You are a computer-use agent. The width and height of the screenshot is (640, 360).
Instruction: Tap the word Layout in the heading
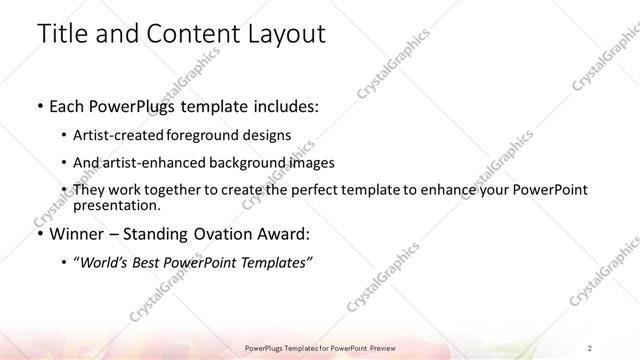(x=283, y=33)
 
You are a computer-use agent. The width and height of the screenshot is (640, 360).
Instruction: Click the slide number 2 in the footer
(x=590, y=347)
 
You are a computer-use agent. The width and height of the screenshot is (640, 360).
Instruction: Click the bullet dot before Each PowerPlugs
(x=38, y=105)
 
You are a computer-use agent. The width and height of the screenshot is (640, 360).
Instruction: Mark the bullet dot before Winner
(x=38, y=236)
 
